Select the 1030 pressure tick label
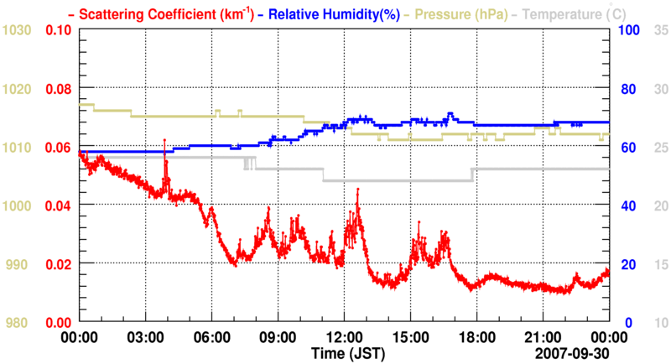pos(18,30)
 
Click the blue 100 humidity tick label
pos(630,30)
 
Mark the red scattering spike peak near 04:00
pos(164,140)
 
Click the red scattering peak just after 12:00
pos(358,190)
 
